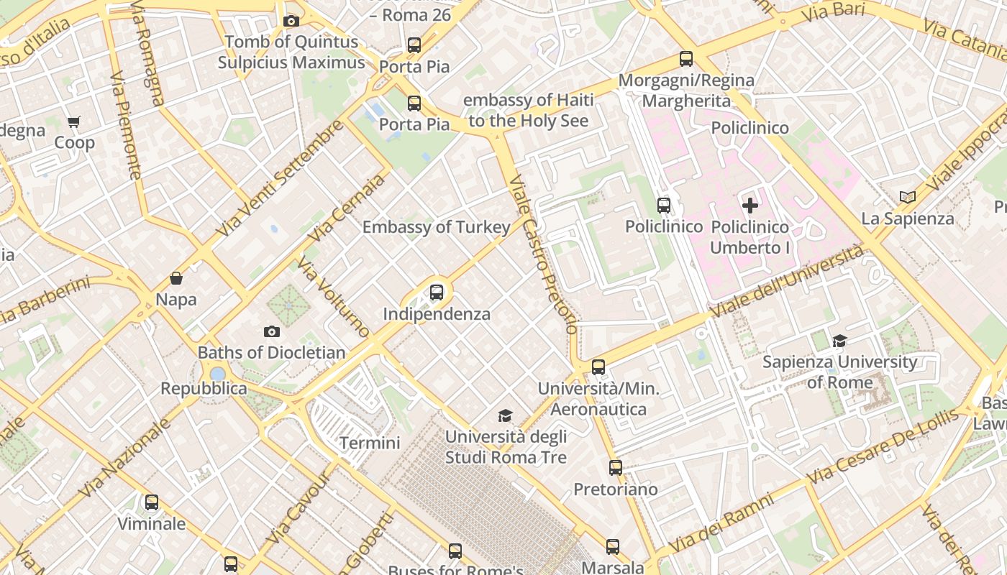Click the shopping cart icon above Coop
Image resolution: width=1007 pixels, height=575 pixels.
tap(74, 121)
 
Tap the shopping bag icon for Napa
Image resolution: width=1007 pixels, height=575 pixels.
tap(176, 278)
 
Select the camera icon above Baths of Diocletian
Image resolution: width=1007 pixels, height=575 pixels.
tap(271, 331)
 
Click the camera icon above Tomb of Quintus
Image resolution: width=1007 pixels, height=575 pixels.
tap(291, 21)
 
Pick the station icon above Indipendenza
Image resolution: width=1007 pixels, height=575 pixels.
tap(437, 293)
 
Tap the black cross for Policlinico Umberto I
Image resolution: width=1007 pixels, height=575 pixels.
tap(750, 206)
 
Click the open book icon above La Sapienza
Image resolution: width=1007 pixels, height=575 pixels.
tap(908, 197)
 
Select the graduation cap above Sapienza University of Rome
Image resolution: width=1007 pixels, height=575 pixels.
tap(839, 341)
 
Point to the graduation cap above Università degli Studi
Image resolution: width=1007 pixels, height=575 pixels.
tap(506, 415)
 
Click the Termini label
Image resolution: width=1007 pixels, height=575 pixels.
tap(370, 443)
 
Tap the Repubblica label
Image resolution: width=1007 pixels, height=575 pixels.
tap(204, 389)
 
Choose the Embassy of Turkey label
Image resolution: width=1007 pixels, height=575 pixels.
tap(436, 227)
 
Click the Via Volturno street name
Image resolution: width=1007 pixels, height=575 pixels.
tap(333, 298)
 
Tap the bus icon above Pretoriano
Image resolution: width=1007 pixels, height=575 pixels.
tap(616, 468)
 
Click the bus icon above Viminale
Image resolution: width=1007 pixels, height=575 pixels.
tap(152, 502)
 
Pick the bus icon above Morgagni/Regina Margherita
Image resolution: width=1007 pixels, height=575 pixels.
tap(686, 59)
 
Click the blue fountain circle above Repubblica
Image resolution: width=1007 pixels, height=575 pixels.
tap(217, 374)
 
